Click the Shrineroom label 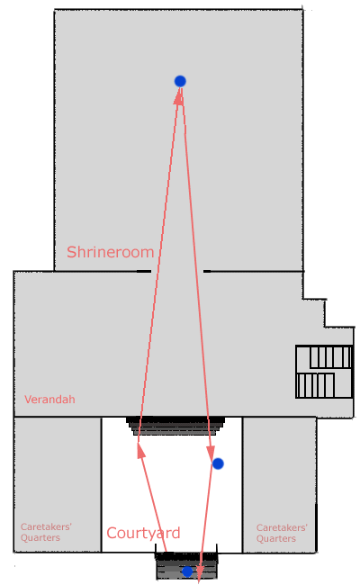110,252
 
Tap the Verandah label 49,400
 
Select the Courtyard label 143,534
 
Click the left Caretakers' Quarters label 46,532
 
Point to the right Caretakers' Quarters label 282,533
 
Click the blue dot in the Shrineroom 180,81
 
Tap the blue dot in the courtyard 218,463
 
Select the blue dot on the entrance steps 187,571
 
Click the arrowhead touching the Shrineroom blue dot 179,96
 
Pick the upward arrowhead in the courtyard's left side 140,450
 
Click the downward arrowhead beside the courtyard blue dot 210,454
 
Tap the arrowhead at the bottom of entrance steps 200,573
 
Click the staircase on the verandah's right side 324,372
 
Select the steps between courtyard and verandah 175,426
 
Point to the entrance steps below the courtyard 186,565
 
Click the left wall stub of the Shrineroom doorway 144,271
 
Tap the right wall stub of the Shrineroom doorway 207,271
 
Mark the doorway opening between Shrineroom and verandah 177,271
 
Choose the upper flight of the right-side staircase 330,357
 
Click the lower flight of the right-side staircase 316,385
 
